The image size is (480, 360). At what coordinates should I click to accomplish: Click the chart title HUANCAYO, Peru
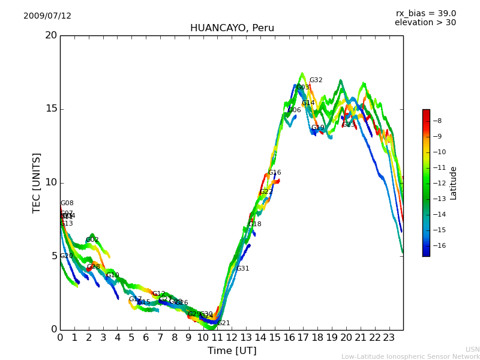click(x=232, y=28)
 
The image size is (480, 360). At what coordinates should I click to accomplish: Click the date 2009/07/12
click(x=47, y=16)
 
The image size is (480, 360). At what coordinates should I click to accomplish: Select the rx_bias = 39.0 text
click(x=425, y=14)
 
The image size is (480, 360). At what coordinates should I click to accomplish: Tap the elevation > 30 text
click(x=425, y=23)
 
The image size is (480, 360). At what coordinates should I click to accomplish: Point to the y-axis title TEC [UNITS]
click(x=37, y=182)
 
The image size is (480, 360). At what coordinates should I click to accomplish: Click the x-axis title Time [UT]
click(x=232, y=351)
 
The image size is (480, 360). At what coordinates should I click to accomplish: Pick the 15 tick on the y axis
click(x=50, y=109)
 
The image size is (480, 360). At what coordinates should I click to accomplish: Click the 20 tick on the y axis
click(x=50, y=35)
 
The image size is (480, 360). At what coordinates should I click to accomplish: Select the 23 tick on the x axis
click(x=389, y=338)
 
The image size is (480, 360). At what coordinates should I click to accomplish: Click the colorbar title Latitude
click(x=454, y=183)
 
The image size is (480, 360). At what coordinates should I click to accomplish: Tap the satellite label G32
click(x=316, y=80)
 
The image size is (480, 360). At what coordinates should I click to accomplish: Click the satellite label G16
click(x=274, y=173)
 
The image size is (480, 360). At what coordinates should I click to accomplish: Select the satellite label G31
click(x=242, y=269)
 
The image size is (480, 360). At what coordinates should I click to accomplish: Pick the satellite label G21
click(x=223, y=323)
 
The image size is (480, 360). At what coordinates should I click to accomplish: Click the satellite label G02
click(x=92, y=240)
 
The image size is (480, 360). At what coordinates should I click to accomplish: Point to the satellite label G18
click(x=255, y=224)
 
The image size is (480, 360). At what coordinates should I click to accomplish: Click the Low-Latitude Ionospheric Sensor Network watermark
click(x=410, y=357)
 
